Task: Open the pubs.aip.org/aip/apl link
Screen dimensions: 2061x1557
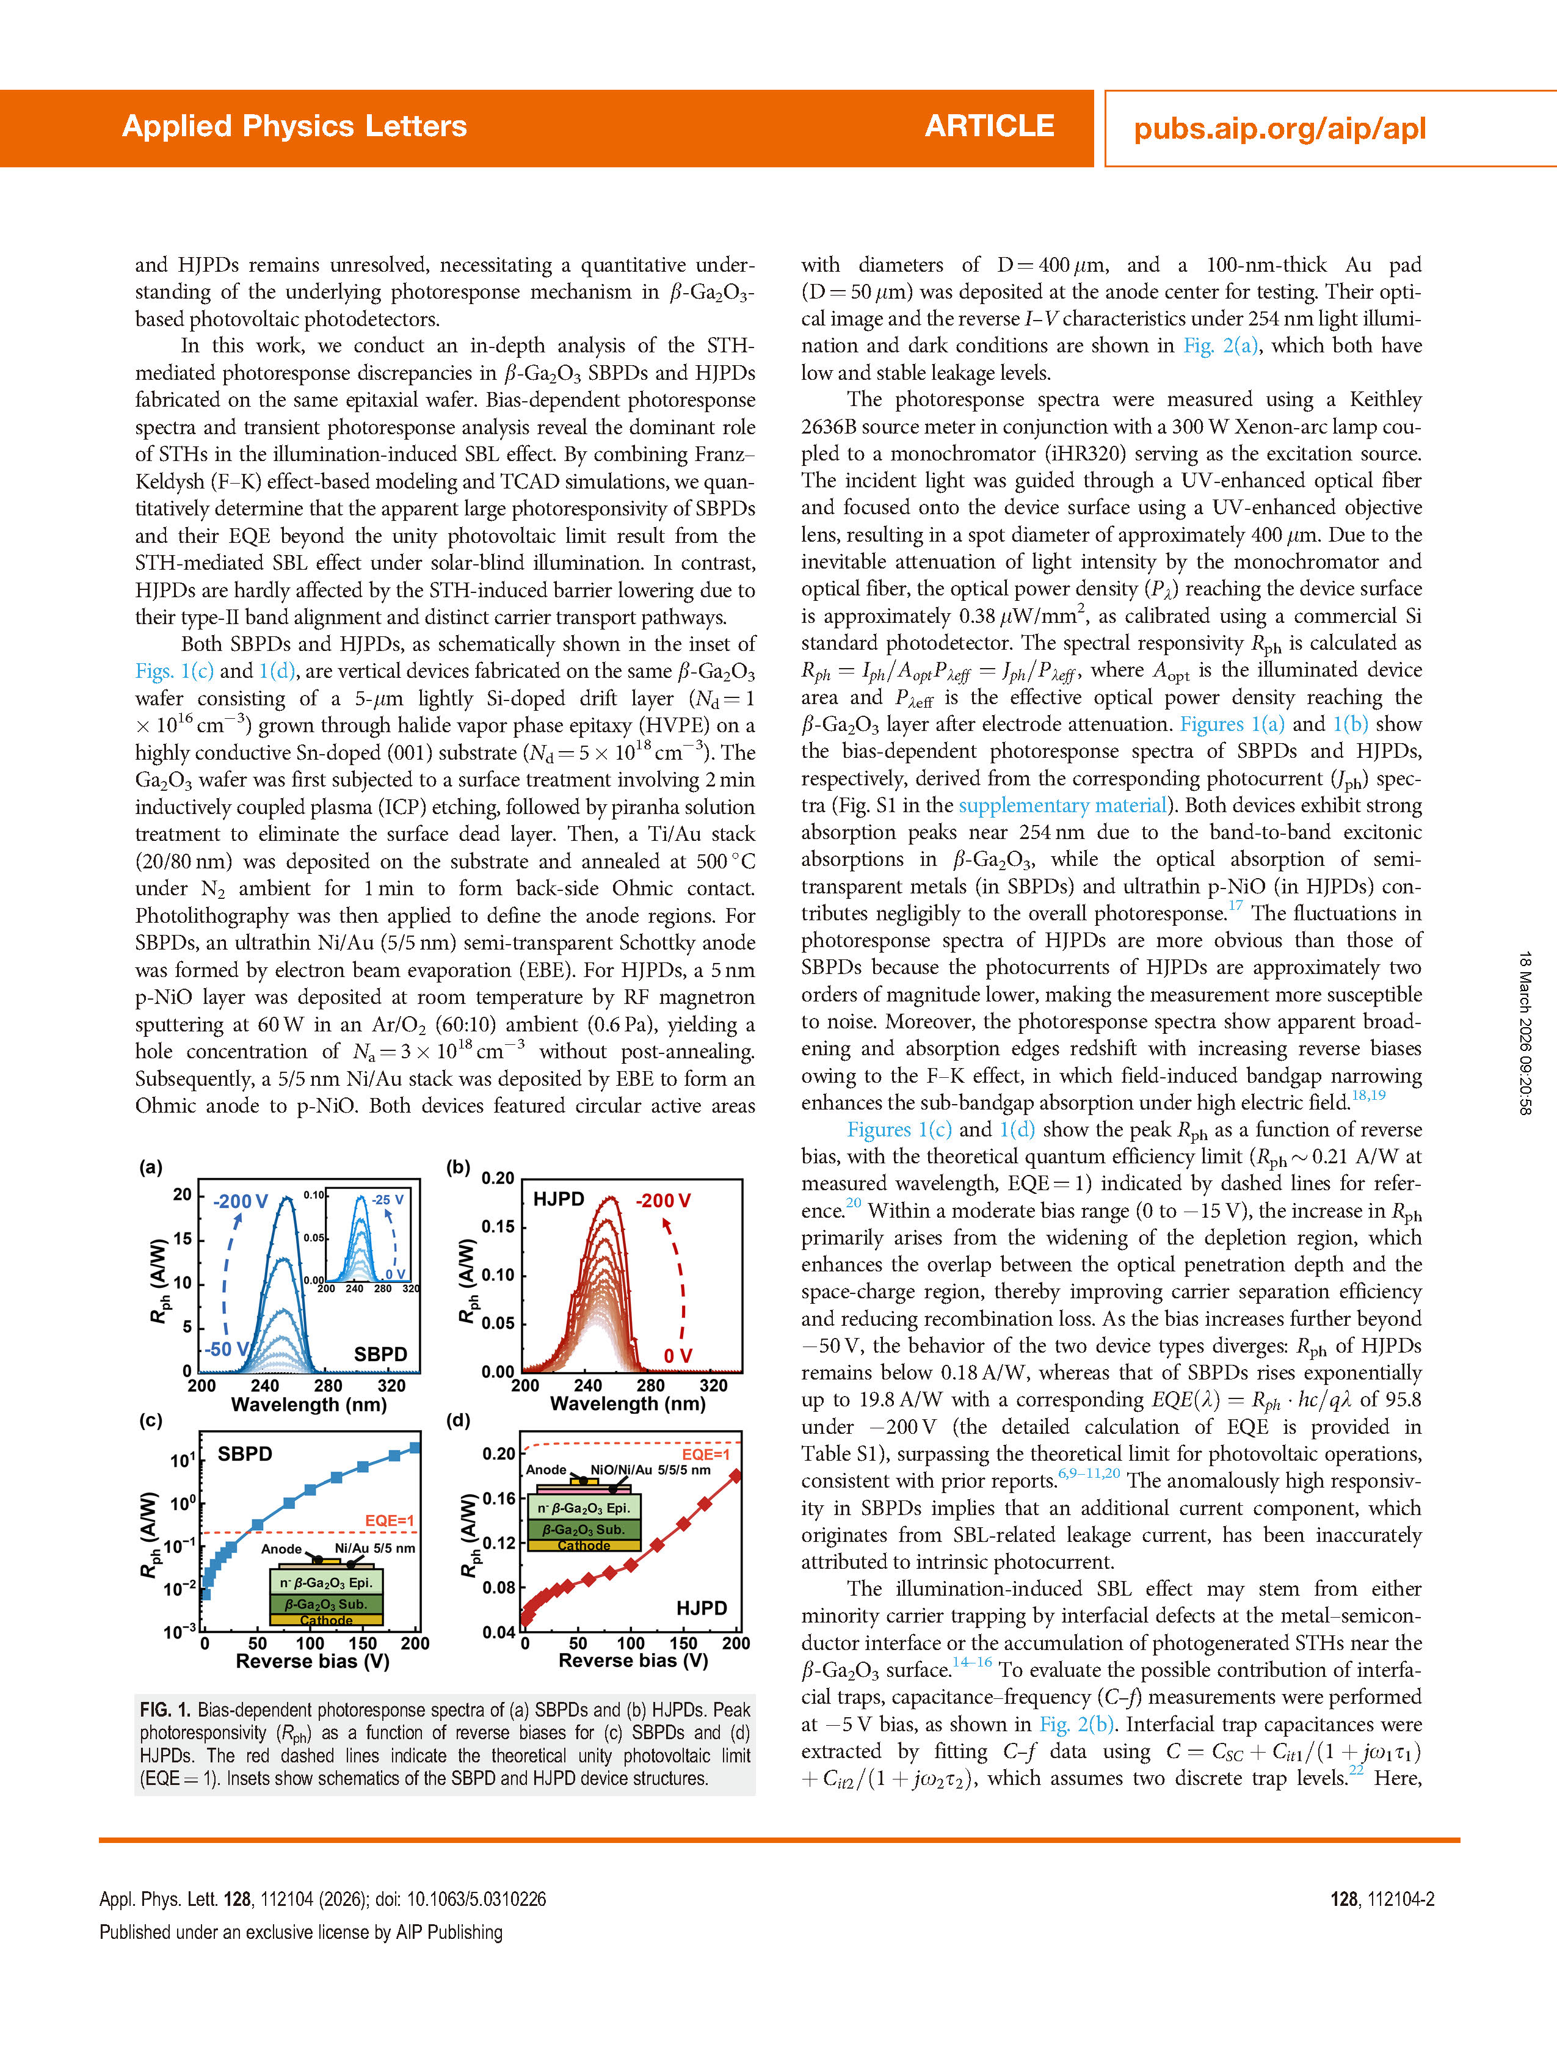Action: pos(1279,129)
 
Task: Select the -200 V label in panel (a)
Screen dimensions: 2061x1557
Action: pos(241,1202)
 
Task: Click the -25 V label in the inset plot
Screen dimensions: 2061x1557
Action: pos(388,1200)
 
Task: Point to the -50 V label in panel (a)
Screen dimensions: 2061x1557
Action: pos(227,1349)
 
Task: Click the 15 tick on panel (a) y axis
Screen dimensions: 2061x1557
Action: pos(183,1238)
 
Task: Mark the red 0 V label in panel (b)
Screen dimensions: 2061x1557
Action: pos(677,1356)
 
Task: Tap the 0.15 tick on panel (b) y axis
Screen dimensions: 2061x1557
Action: pos(498,1226)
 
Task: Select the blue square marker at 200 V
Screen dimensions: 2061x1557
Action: pos(415,1448)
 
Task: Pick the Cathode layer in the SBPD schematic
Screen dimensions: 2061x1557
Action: pos(326,1620)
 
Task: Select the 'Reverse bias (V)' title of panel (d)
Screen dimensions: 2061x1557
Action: pos(633,1661)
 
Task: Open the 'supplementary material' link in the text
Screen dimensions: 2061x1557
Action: pos(1062,805)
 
